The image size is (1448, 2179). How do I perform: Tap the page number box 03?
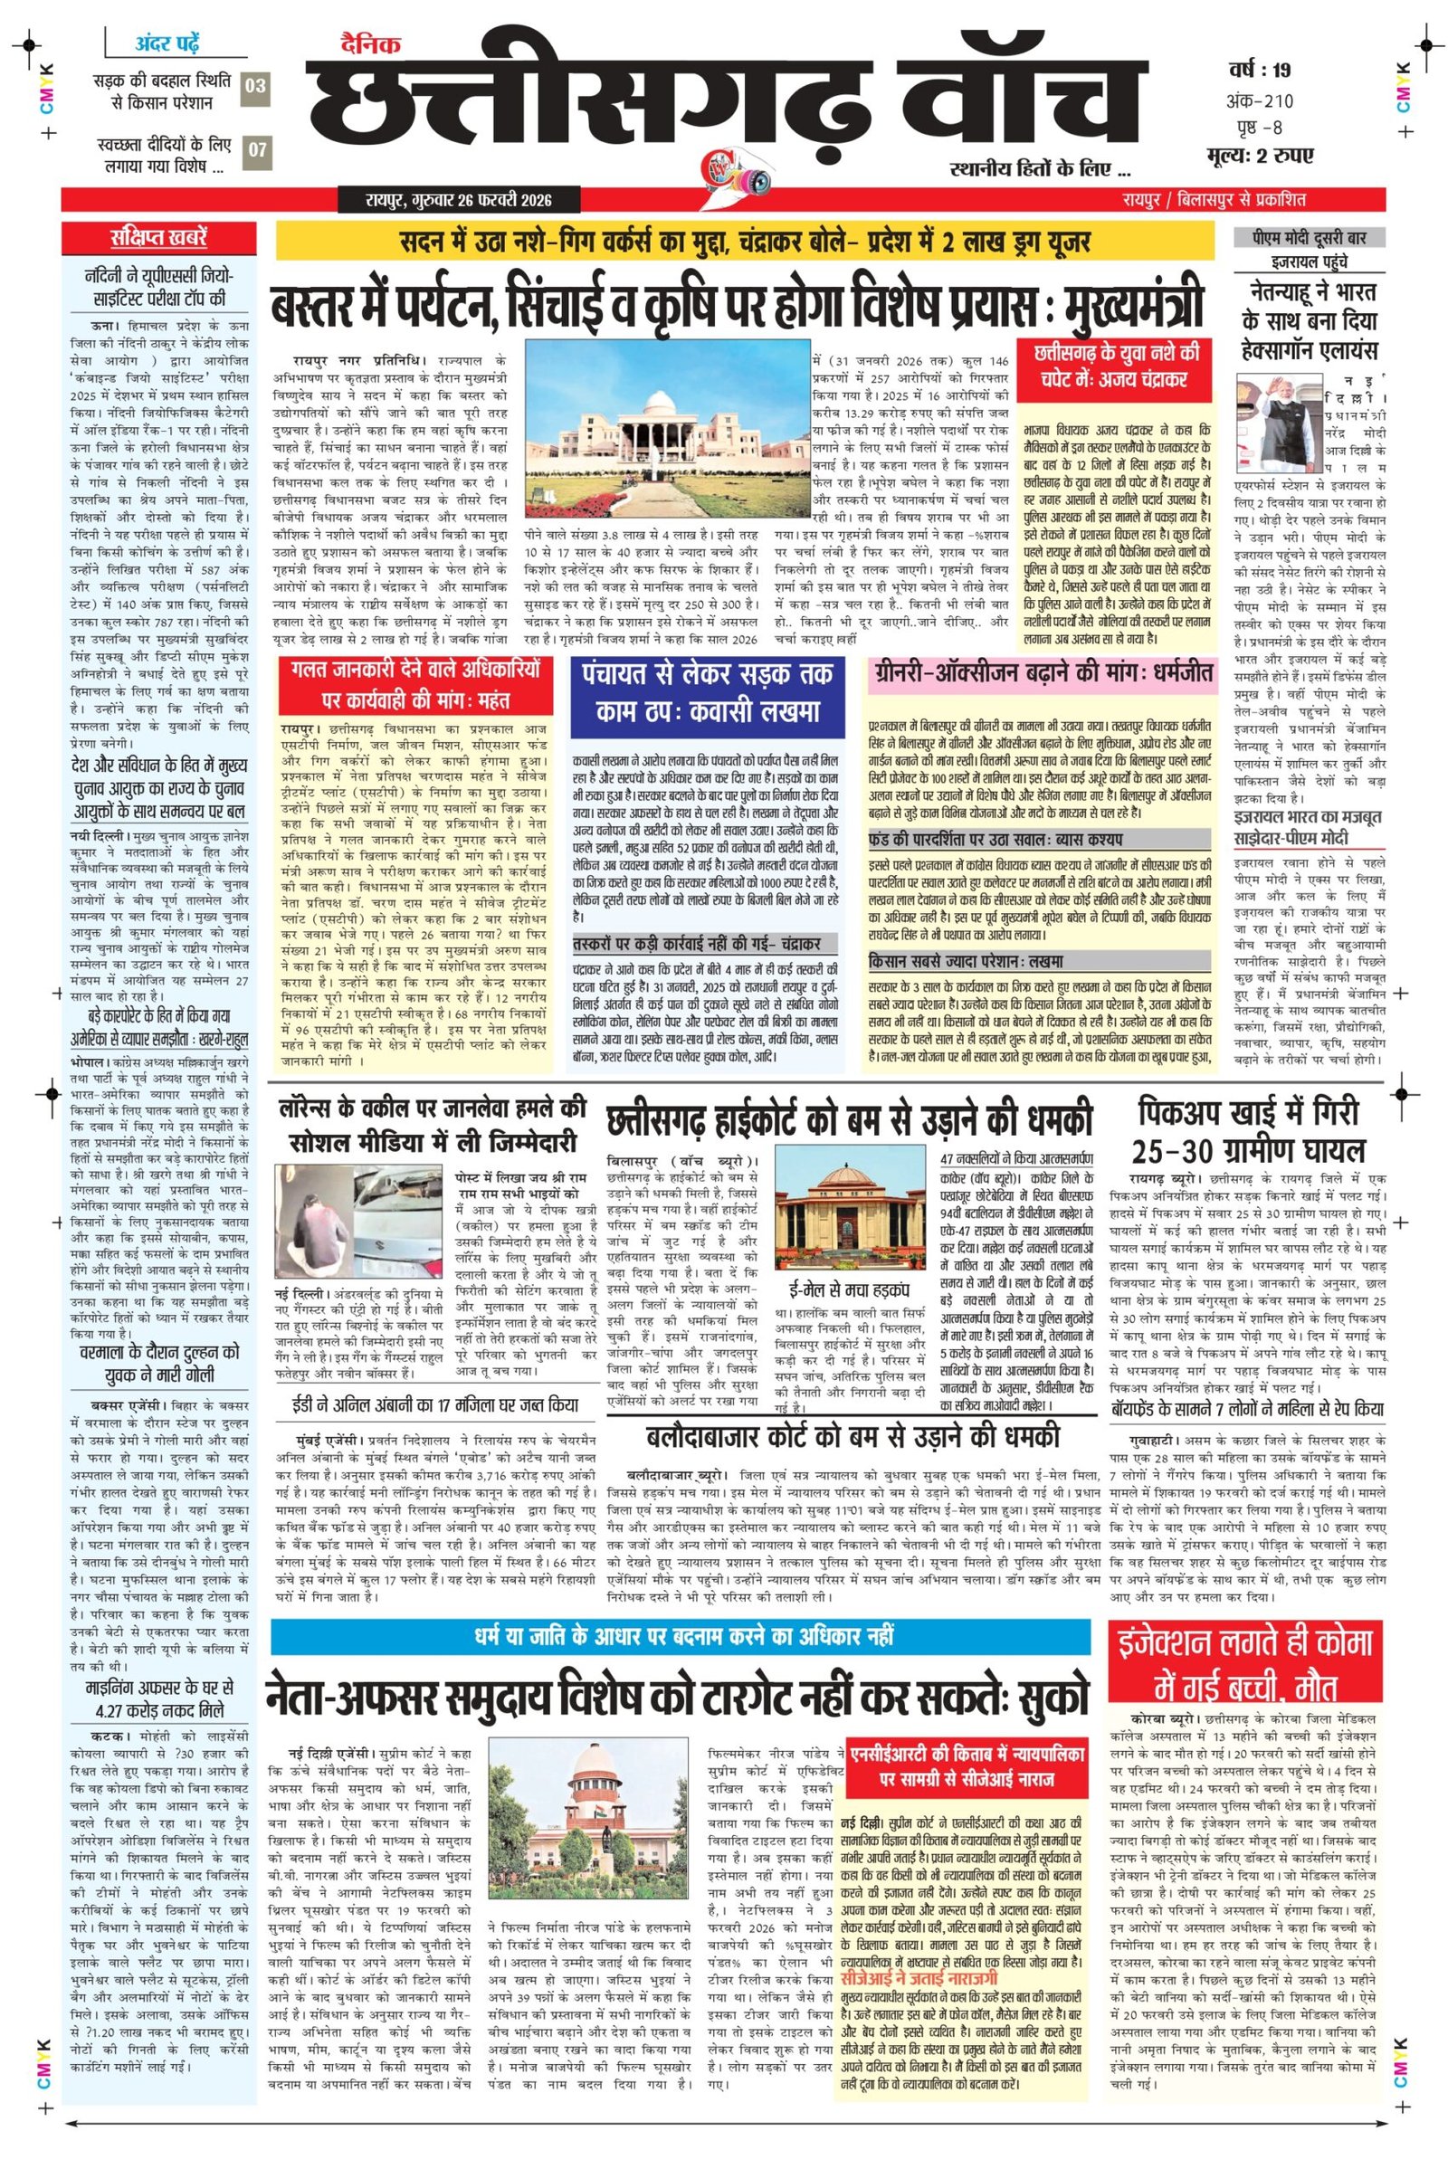256,87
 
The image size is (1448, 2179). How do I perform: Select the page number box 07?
256,152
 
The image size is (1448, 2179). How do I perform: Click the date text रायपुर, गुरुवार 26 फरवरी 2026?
457,199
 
